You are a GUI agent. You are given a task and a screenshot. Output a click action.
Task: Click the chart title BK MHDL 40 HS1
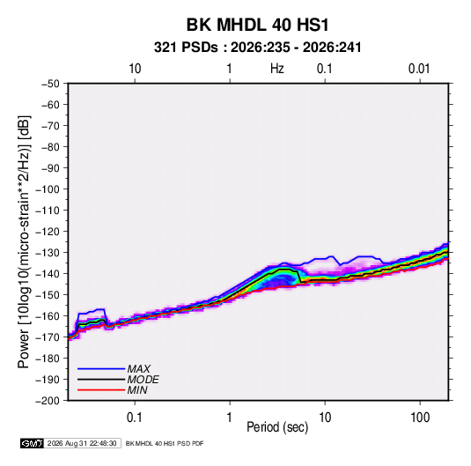257,25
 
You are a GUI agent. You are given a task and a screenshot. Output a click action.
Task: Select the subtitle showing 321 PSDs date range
257,48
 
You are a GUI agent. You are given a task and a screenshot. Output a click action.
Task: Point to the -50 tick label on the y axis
50,84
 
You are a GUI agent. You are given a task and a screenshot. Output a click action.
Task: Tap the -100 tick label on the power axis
48,189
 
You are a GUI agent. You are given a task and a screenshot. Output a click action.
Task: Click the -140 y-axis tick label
48,274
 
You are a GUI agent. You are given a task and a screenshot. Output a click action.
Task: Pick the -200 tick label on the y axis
48,401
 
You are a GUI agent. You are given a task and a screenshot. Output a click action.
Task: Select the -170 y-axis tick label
48,337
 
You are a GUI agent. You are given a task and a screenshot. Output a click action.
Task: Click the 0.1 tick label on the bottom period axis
135,418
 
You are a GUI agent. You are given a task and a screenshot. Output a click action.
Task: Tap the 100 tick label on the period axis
420,418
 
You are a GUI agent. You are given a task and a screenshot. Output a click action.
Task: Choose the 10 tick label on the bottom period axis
325,418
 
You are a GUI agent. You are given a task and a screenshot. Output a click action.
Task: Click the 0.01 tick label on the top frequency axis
419,69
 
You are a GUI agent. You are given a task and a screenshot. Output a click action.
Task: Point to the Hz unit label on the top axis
277,69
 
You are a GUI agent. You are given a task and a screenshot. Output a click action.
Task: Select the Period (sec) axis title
277,427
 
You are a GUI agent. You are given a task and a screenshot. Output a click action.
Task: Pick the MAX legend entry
138,369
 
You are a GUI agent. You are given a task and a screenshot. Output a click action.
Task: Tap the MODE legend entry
143,380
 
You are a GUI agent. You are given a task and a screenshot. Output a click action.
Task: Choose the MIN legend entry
137,390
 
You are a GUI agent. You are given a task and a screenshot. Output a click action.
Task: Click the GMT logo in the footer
33,443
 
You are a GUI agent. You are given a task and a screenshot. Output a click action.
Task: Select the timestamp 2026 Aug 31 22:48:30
82,443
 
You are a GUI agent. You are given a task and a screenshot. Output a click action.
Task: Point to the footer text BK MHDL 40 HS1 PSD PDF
165,443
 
